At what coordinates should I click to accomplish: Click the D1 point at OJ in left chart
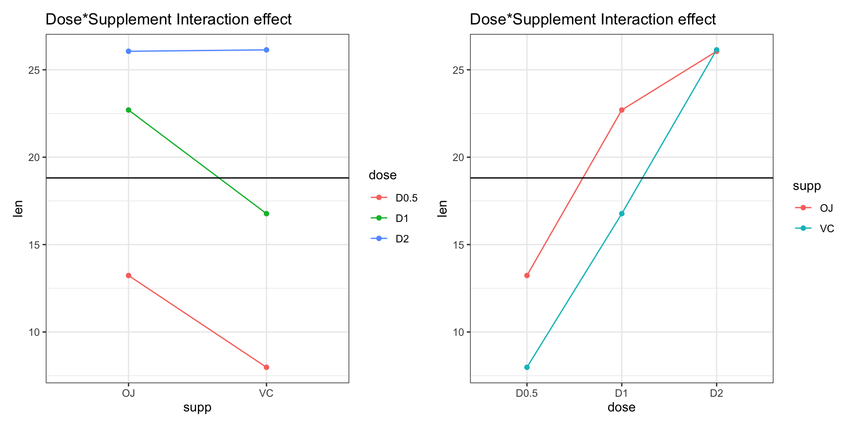click(129, 110)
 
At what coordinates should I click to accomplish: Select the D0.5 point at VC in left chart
click(266, 367)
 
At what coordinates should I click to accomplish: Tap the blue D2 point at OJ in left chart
click(129, 51)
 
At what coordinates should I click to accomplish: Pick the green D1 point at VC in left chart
click(266, 213)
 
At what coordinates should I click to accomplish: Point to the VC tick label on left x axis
click(266, 393)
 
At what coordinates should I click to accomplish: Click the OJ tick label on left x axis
click(129, 393)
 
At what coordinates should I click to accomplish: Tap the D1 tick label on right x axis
click(621, 393)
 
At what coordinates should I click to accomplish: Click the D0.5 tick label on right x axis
click(527, 393)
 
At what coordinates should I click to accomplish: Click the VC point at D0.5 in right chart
click(527, 367)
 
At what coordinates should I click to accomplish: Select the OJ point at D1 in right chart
click(622, 110)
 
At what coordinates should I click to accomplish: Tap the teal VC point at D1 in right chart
click(622, 213)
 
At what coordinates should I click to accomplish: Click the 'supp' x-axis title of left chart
click(197, 407)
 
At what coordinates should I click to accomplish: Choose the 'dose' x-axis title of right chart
click(621, 407)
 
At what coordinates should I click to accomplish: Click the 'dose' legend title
click(383, 175)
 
